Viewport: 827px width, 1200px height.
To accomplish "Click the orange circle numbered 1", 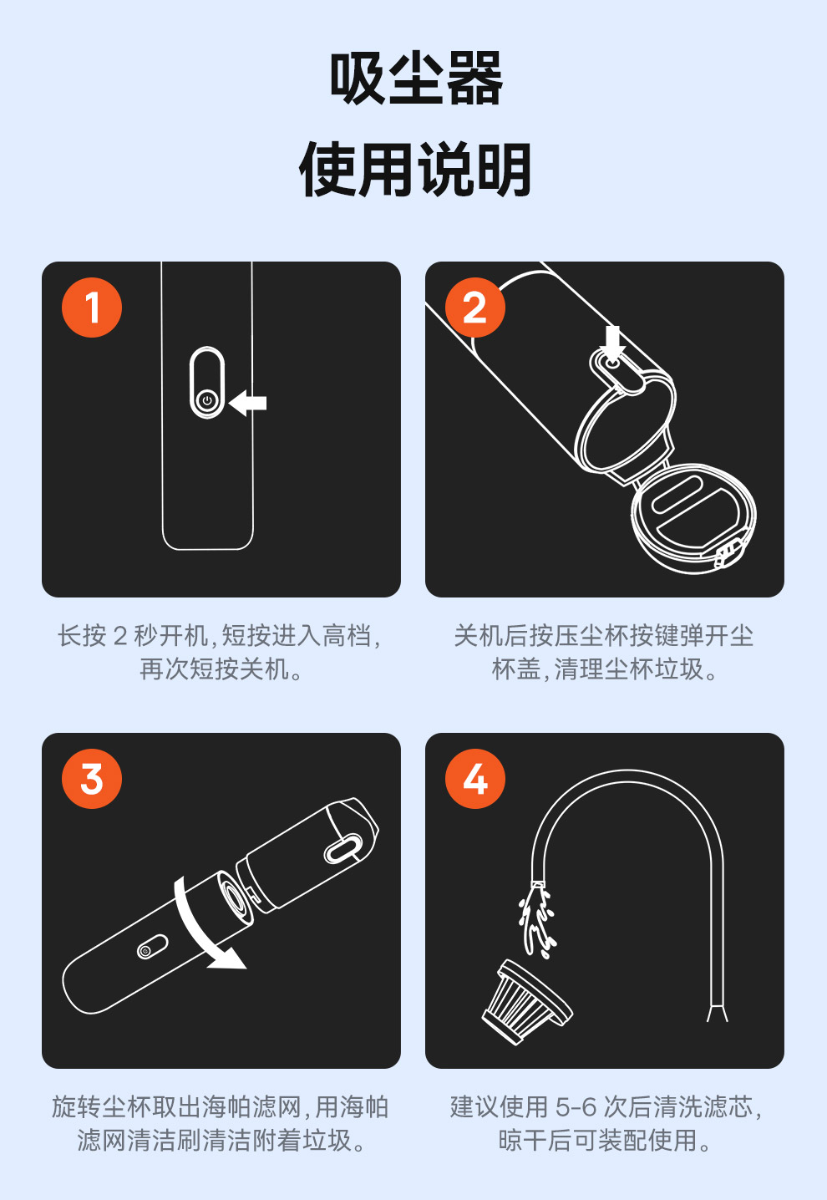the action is click(92, 308).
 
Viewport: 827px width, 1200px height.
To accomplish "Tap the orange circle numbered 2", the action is click(475, 308).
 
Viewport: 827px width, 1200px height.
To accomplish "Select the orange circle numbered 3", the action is click(92, 778).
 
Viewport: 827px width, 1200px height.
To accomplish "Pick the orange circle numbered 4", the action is click(475, 778).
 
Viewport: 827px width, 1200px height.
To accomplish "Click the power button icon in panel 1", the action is click(207, 401).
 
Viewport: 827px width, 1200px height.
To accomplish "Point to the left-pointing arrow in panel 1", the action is click(247, 403).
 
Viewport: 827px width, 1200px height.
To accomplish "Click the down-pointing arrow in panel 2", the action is click(613, 341).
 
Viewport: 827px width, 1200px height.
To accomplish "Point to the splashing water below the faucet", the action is click(535, 922).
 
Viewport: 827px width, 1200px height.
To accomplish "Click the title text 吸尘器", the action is click(416, 79).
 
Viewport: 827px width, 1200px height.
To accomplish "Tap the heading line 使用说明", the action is click(416, 170).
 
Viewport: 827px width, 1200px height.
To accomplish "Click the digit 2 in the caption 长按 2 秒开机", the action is click(120, 637).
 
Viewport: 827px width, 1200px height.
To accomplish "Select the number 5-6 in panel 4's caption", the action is click(576, 1107).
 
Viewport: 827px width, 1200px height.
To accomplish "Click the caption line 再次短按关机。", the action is click(221, 669).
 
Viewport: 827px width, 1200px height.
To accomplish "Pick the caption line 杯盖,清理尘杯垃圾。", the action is click(605, 669).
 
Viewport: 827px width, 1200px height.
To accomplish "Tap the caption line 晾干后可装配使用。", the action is click(605, 1140).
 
